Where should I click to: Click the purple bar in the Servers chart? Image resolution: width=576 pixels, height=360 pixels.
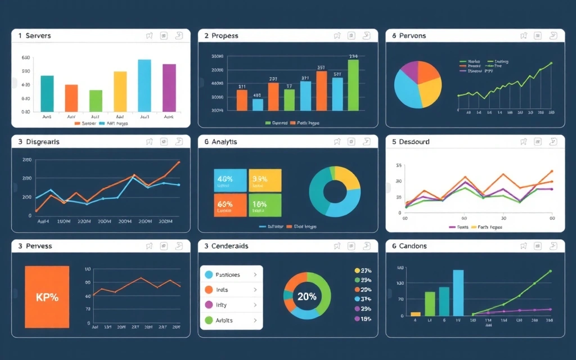[169, 88]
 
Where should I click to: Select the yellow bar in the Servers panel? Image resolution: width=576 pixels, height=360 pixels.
[120, 91]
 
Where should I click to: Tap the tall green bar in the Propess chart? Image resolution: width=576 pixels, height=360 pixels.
[353, 85]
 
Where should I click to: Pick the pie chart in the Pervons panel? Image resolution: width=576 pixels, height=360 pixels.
[417, 84]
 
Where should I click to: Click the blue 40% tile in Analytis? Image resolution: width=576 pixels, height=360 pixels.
[231, 180]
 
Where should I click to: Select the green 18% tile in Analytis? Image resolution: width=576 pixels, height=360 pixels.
[264, 205]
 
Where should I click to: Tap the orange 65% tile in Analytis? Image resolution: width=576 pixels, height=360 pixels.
[231, 205]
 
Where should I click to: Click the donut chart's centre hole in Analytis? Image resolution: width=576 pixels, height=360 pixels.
[335, 192]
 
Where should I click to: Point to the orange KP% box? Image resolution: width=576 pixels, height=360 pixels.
[47, 296]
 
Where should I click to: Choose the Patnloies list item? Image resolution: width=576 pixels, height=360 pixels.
[231, 274]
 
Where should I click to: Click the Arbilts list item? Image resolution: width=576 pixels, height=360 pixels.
[231, 320]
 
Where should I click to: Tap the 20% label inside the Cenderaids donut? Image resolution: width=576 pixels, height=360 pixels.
[307, 296]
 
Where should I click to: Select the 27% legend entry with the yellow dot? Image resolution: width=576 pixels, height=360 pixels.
[363, 271]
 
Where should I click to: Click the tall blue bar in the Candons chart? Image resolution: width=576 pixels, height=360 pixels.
[458, 292]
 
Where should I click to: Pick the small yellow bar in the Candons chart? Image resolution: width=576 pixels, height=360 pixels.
[416, 313]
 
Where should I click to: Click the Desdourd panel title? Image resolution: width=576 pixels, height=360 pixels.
[411, 142]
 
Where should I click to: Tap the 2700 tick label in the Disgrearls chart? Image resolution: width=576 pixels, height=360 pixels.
[26, 160]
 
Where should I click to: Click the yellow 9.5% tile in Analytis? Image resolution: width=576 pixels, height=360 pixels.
[264, 180]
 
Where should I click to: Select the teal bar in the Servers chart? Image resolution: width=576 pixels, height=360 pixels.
[47, 93]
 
